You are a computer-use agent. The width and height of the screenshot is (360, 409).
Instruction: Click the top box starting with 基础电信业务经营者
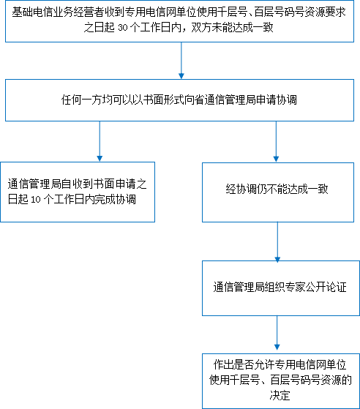tap(179, 21)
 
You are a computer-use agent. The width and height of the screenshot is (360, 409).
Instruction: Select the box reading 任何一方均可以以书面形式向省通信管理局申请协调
tap(179, 100)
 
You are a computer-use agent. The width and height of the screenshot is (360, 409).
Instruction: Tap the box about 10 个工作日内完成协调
tap(78, 192)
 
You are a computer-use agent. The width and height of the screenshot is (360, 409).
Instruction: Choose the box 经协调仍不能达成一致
tap(278, 192)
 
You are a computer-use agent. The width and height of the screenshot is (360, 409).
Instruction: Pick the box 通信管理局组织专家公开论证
tap(281, 288)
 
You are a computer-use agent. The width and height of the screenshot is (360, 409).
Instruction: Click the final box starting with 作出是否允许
tap(281, 380)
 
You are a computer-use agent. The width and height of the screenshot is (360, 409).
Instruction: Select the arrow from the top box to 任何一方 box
tap(181, 61)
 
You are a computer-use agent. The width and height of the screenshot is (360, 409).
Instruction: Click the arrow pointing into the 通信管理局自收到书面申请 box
tap(100, 141)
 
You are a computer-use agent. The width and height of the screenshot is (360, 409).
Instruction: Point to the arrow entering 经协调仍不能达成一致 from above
tap(276, 142)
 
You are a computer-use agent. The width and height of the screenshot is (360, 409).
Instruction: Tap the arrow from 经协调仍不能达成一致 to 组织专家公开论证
tap(277, 241)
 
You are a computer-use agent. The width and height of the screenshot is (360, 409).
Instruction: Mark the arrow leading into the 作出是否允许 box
tap(277, 333)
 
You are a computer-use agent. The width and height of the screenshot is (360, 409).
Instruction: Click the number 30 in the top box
tap(123, 28)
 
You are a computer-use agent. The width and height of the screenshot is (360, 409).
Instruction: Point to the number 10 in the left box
tap(36, 200)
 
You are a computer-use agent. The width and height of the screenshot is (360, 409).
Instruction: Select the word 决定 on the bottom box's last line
tap(280, 395)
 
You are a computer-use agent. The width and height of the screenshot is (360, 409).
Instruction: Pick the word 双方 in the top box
tap(201, 28)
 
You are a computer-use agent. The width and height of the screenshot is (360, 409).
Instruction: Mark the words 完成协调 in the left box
tap(115, 200)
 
